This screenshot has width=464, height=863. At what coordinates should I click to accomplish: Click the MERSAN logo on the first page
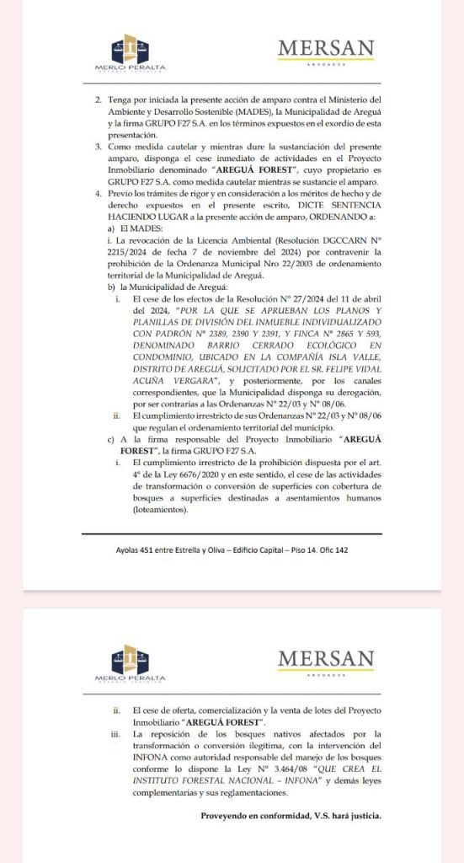[327, 51]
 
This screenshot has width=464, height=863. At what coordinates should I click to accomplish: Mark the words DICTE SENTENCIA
[345, 205]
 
